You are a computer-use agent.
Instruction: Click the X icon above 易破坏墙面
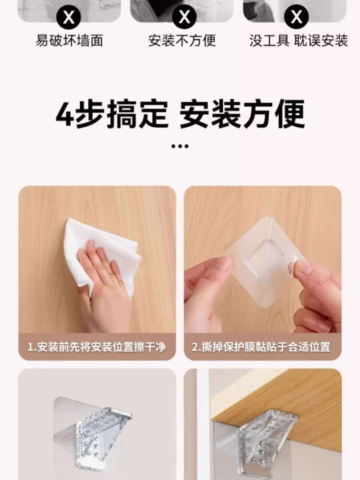click(69, 17)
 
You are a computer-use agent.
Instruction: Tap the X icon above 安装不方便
click(184, 16)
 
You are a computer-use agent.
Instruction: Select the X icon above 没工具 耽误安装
click(297, 16)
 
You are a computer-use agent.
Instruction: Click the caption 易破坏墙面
click(69, 41)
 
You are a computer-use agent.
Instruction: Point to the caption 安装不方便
click(182, 41)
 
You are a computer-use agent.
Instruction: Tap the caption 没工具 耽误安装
click(299, 41)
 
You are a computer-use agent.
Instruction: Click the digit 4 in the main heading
click(64, 114)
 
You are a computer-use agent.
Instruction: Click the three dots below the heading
click(180, 146)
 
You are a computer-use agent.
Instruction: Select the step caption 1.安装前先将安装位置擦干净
click(97, 347)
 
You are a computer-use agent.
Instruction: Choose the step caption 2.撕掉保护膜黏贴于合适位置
click(261, 347)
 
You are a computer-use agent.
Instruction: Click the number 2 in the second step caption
click(195, 348)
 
